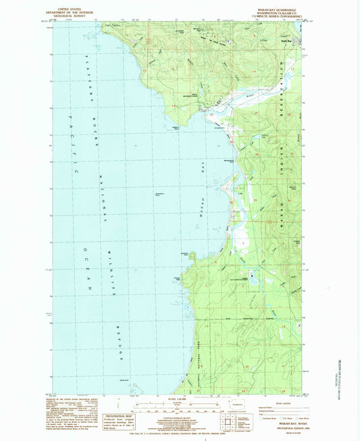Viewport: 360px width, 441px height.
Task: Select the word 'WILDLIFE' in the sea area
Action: pyautogui.click(x=110, y=270)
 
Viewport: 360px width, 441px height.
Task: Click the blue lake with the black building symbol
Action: pyautogui.click(x=251, y=276)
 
